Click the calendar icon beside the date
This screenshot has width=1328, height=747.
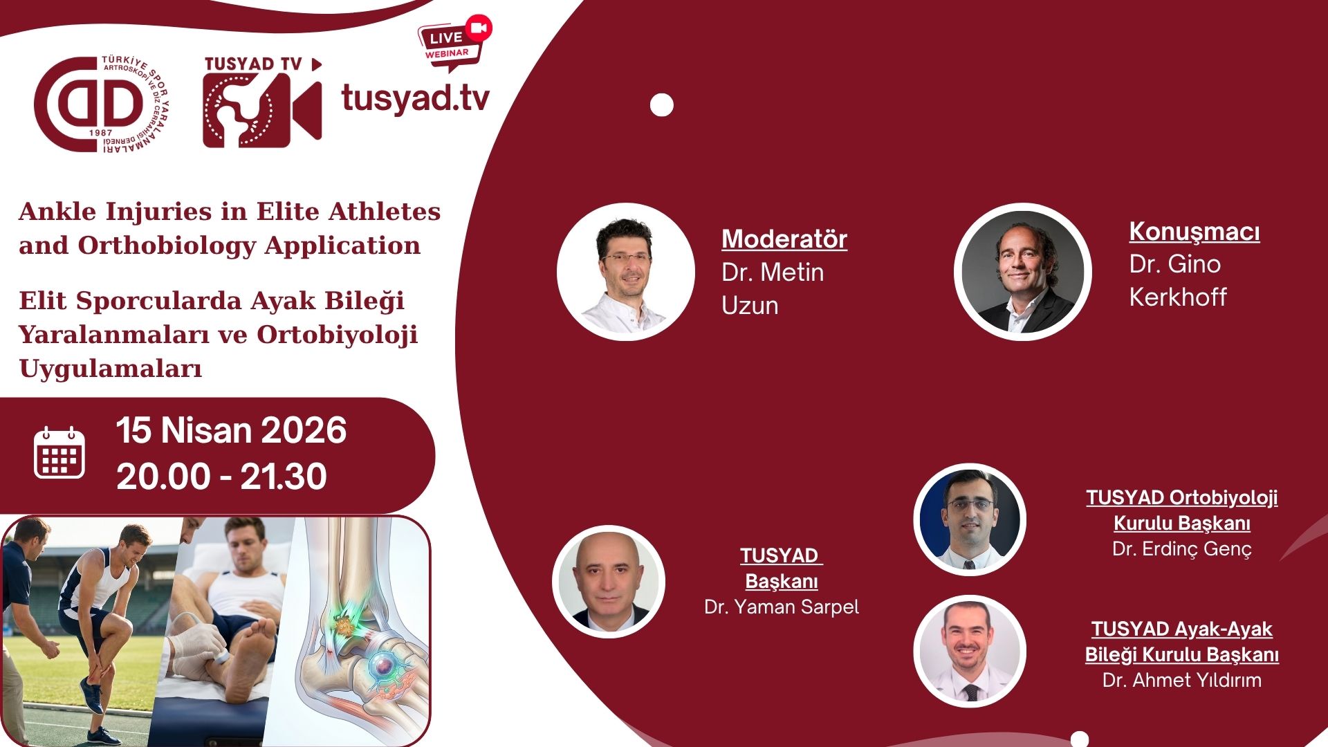(x=59, y=453)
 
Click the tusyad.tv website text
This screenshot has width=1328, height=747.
(x=415, y=98)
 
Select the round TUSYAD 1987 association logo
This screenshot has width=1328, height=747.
(x=101, y=104)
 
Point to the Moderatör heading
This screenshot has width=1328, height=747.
(x=784, y=239)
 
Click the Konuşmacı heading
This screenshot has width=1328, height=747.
(x=1194, y=231)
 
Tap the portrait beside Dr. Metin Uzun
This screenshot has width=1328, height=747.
(x=625, y=272)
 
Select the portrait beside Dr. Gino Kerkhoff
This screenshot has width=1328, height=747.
(x=1022, y=272)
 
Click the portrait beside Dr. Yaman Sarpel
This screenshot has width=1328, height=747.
(x=609, y=582)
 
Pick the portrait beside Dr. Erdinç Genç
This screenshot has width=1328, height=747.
(x=969, y=519)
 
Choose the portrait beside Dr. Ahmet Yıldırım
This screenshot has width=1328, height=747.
(x=969, y=651)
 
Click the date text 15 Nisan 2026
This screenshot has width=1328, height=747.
(x=231, y=430)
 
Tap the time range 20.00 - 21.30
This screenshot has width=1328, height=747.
(x=221, y=477)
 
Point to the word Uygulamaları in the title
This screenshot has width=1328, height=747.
(x=111, y=368)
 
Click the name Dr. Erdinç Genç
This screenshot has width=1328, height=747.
(x=1181, y=549)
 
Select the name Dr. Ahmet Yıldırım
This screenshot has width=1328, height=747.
(x=1181, y=681)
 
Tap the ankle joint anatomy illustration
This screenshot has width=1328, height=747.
(x=360, y=636)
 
